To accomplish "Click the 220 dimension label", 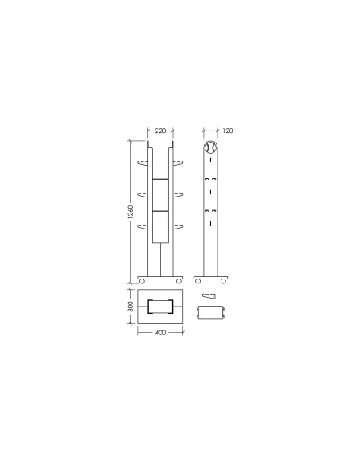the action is click(x=160, y=131).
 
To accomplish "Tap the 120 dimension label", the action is click(x=228, y=131).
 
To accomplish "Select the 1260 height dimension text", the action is click(x=131, y=212).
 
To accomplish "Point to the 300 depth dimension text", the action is click(x=131, y=307).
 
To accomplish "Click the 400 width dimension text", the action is click(x=160, y=333).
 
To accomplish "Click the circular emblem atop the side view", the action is click(x=210, y=147).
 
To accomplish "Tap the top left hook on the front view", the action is click(x=143, y=162).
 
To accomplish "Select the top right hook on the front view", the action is click(x=178, y=162).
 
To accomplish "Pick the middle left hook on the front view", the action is click(x=143, y=194).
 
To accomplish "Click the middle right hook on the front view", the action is click(x=178, y=194).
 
